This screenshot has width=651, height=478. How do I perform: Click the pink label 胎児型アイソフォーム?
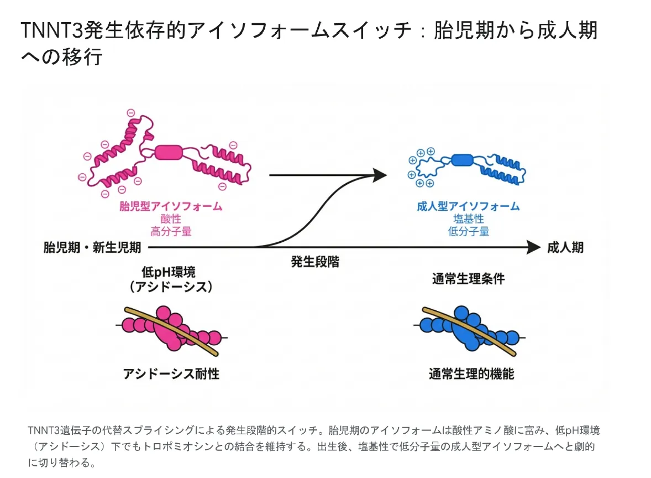coord(171,206)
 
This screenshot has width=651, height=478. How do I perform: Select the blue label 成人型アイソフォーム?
coord(468,206)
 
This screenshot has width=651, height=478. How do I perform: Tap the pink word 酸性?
coord(171,219)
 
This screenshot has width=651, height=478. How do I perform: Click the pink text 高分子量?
coord(171,231)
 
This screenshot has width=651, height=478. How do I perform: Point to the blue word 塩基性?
coord(468,219)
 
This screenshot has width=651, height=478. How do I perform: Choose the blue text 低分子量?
coord(468,231)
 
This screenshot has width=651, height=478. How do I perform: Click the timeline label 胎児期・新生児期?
coord(92,247)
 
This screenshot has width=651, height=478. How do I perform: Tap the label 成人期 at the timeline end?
coord(565,247)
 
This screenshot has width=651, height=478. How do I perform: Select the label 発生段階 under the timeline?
coord(315,262)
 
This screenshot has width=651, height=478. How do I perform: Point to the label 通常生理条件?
coord(468,278)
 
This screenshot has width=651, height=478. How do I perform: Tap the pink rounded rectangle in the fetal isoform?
coord(167,153)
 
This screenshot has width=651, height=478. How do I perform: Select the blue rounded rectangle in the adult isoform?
coord(462,160)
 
